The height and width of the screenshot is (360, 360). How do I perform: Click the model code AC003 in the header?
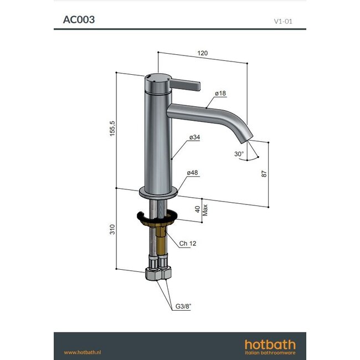pos(79,19)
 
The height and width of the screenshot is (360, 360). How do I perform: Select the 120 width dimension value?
pos(203,53)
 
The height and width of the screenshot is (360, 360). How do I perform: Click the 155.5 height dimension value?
pos(112,130)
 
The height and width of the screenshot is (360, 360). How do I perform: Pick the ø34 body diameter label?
pos(194,136)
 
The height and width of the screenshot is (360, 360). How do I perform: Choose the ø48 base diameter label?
pos(193,173)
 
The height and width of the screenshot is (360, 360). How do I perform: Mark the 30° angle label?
pos(239,153)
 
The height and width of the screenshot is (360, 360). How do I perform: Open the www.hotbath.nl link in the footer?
pos(85,352)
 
